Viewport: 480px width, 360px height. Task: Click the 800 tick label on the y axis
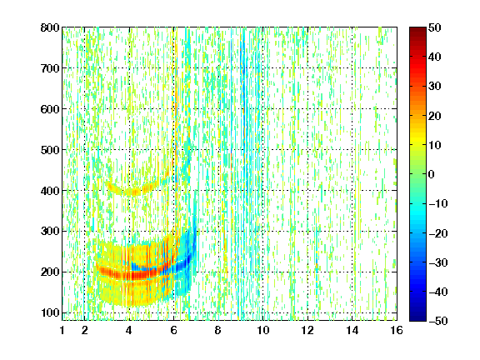[50, 27]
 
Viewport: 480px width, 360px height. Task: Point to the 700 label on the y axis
[50, 68]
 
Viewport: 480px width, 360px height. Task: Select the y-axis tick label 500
[50, 150]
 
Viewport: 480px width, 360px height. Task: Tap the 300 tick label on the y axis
[50, 232]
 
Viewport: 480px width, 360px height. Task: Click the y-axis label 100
[50, 312]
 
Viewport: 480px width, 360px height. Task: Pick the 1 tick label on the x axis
[62, 330]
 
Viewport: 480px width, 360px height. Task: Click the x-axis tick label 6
[174, 330]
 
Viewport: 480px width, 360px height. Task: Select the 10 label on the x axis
[263, 330]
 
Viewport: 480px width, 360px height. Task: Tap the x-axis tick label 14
[352, 330]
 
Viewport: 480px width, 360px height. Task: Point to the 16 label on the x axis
[397, 330]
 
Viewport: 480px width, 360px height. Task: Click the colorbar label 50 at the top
[435, 27]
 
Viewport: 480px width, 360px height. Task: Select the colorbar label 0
[432, 174]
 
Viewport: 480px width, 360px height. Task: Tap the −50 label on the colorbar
[438, 321]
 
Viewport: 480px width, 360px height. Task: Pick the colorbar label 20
[435, 116]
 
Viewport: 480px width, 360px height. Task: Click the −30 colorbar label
[438, 262]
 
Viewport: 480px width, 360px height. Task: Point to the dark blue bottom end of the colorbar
[417, 318]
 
